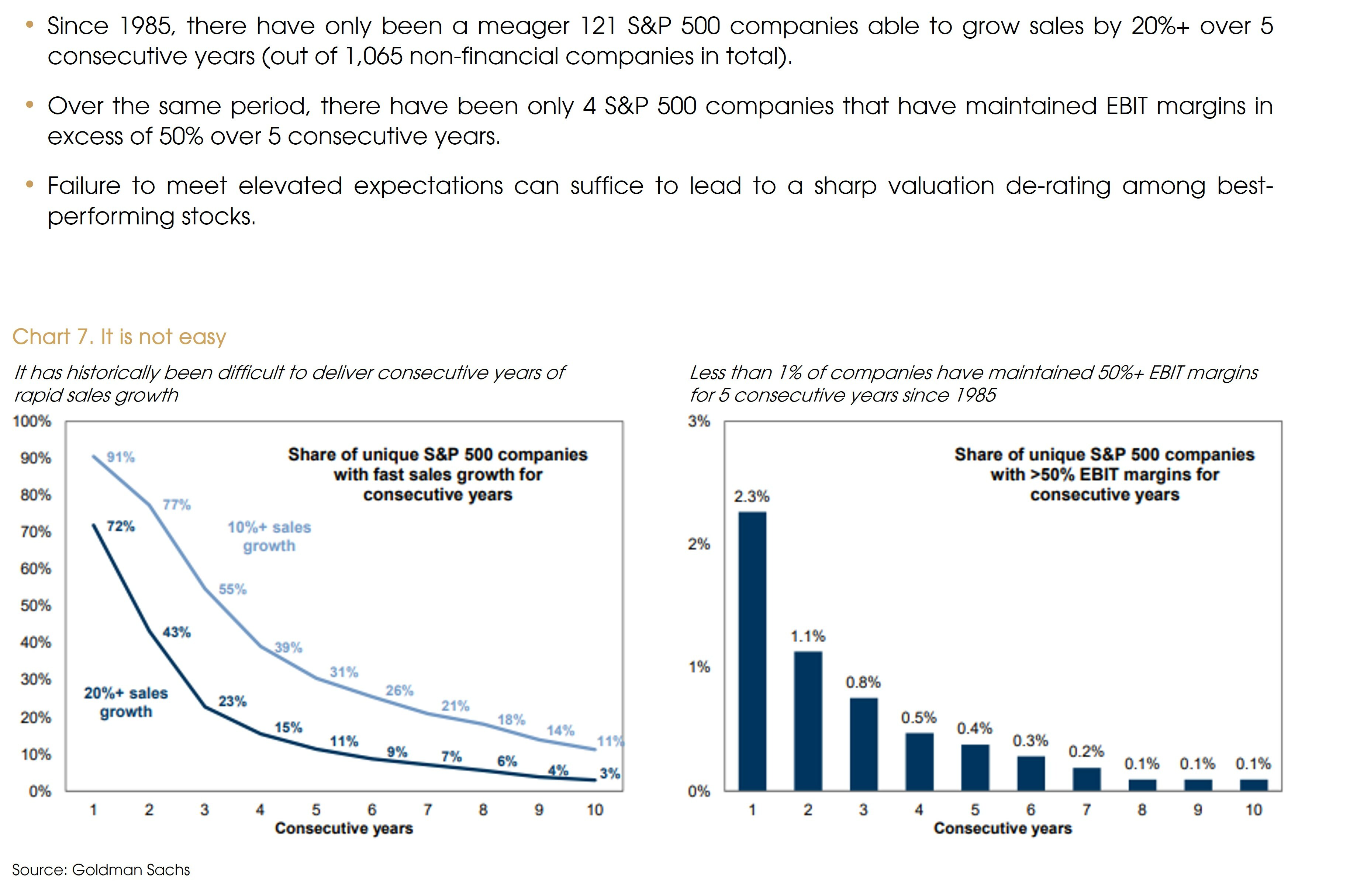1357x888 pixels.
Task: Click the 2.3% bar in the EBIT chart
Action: click(752, 650)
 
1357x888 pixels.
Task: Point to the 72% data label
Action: click(121, 526)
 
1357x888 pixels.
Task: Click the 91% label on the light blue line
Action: click(121, 457)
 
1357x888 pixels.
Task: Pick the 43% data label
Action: click(177, 632)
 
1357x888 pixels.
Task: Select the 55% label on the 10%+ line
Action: click(233, 589)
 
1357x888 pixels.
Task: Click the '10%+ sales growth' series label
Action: click(269, 536)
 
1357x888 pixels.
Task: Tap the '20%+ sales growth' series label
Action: click(126, 702)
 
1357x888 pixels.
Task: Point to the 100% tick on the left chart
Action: click(32, 421)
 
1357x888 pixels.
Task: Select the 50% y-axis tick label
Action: click(35, 605)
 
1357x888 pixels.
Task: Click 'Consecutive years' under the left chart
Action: click(344, 828)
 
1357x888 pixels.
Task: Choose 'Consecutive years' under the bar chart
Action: click(1002, 828)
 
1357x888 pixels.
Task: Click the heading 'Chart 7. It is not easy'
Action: click(119, 337)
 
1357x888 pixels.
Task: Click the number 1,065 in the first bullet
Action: click(373, 56)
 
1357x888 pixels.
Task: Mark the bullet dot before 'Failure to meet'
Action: click(30, 184)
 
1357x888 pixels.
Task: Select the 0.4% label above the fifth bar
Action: click(974, 728)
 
